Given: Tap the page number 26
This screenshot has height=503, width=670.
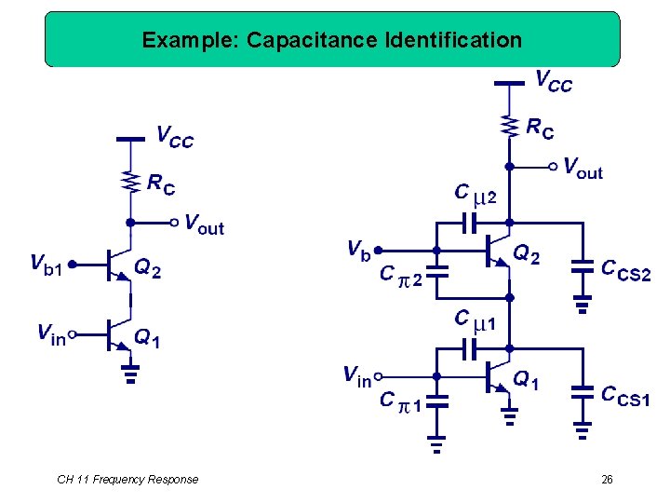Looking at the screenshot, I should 607,480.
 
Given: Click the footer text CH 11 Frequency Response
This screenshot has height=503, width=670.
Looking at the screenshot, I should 127,480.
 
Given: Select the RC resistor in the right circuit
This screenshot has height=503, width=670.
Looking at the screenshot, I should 509,125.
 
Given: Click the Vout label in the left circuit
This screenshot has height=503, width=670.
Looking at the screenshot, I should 205,224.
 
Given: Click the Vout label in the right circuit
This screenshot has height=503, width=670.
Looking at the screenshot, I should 583,168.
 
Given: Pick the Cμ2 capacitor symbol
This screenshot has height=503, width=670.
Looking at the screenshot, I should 469,224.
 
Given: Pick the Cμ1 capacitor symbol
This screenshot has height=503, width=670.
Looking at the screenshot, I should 469,348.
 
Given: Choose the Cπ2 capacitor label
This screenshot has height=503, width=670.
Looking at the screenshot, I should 401,275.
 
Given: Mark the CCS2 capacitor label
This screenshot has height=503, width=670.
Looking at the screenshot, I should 625,270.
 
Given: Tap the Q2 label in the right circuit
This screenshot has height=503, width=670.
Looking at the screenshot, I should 527,253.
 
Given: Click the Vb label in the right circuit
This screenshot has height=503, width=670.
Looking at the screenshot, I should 358,249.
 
